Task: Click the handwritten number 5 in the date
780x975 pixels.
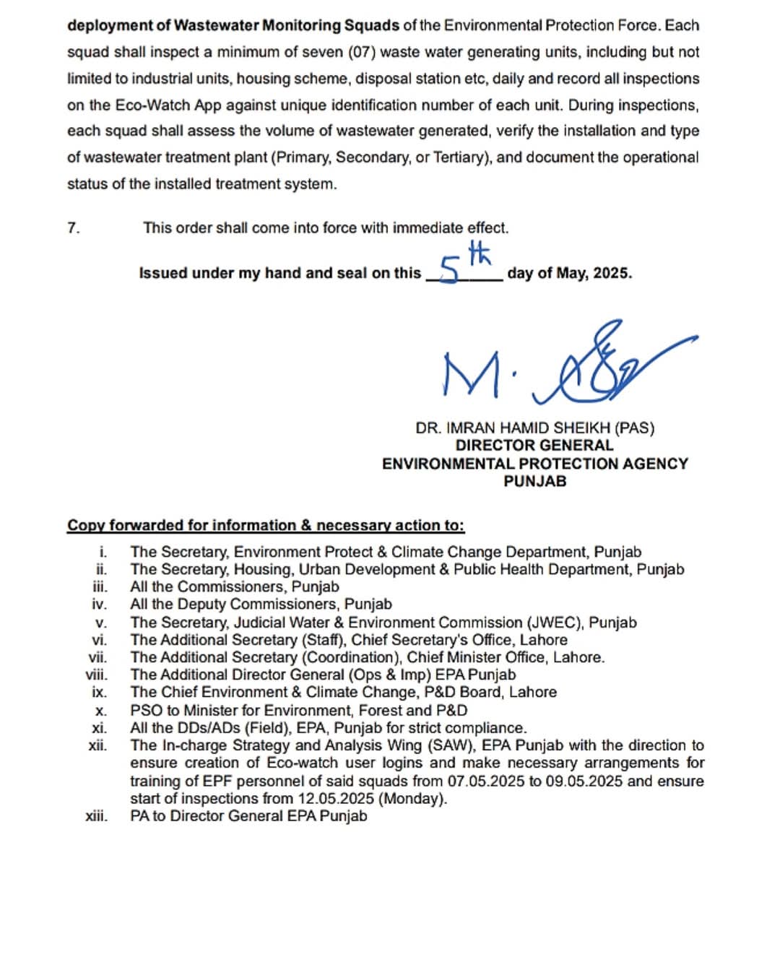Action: coord(448,272)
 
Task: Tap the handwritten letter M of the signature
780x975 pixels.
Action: coord(470,374)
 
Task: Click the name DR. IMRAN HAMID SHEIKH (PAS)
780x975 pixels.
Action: coord(534,428)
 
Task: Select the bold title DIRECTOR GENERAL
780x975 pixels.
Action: coord(534,446)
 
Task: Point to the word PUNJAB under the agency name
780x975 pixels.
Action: coord(534,481)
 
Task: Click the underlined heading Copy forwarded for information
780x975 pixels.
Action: coord(266,526)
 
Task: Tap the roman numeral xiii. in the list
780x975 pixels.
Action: coord(97,816)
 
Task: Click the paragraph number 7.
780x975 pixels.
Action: coord(74,228)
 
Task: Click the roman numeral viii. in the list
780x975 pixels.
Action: coord(97,675)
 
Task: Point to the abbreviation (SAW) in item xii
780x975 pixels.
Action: coord(454,745)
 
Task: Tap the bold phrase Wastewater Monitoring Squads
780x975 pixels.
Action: coord(287,25)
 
